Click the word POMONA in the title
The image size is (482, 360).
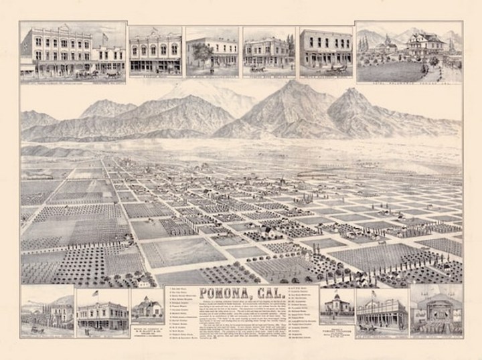[x=222, y=294]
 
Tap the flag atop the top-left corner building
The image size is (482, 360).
[x=104, y=35]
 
